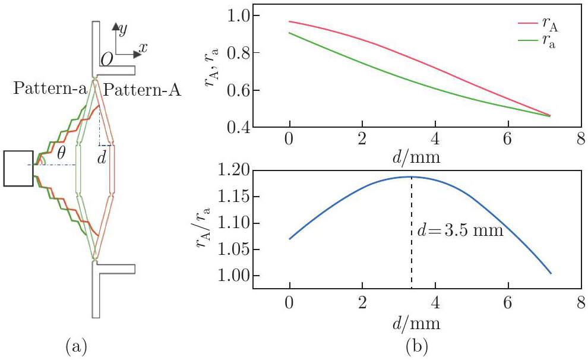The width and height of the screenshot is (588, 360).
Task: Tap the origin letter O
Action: (x=107, y=59)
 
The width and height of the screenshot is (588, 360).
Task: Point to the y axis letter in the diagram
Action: (x=123, y=28)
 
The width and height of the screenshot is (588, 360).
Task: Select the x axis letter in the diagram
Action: (x=143, y=46)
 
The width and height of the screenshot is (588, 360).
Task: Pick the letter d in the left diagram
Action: (x=102, y=159)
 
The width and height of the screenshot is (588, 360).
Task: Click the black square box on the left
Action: (x=18, y=169)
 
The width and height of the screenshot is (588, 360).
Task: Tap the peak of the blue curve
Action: (x=410, y=176)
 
